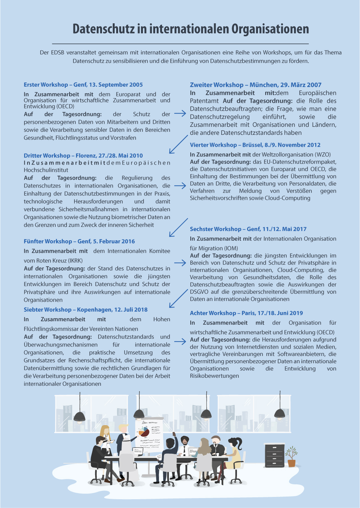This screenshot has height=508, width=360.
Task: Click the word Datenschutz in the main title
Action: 103,29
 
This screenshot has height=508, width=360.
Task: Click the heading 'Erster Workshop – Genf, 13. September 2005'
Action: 83,85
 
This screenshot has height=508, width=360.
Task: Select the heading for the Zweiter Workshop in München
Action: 255,85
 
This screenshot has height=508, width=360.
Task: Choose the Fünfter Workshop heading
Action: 79,241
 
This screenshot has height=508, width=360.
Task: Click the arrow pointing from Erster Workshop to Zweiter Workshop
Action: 180,113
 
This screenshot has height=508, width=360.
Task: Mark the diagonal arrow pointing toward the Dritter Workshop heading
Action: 178,145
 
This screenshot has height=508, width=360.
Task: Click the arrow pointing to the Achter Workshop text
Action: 180,341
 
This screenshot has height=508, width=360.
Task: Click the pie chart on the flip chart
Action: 144,432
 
